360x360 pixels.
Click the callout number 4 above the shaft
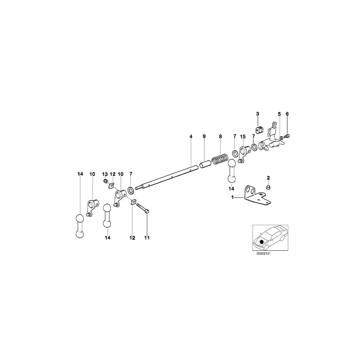[x=191, y=137]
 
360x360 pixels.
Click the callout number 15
[x=242, y=137]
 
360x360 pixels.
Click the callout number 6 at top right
[x=287, y=114]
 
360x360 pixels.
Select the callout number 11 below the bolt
[x=147, y=238]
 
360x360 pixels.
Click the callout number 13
[x=105, y=174]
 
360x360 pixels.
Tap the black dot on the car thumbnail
[x=262, y=242]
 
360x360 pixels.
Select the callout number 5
[x=280, y=114]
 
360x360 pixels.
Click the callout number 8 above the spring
[x=220, y=137]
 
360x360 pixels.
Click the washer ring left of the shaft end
[x=131, y=189]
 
